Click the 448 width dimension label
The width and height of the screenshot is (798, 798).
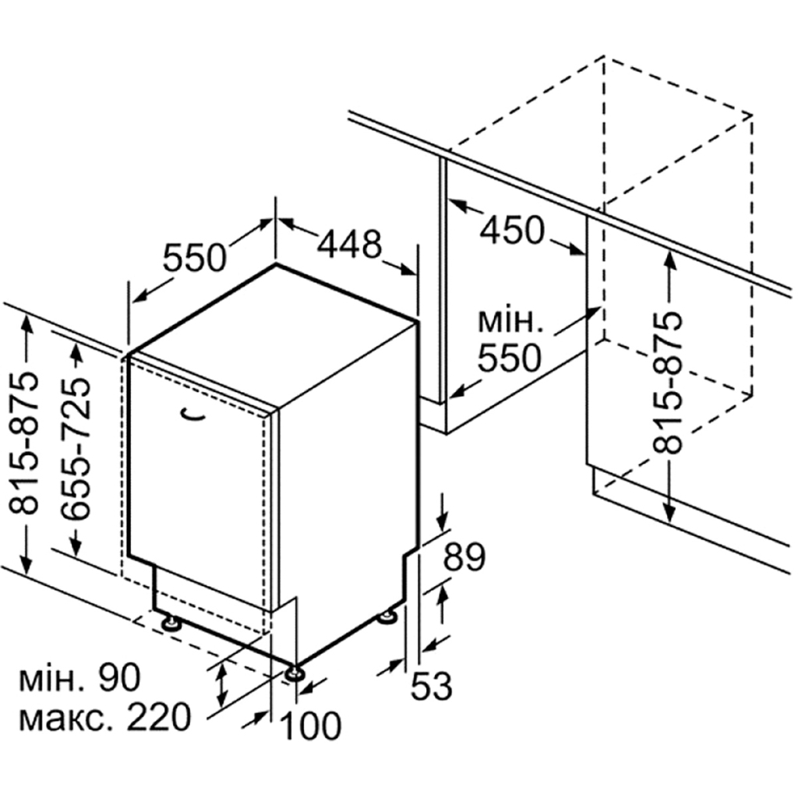pos(350,245)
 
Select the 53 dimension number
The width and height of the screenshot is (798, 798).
pos(431,687)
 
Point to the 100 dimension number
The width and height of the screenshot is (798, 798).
pos(310,726)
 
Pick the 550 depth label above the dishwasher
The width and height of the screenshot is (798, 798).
pos(195,257)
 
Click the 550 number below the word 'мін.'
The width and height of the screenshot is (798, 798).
pos(509,358)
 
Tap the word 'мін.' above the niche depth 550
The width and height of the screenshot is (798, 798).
pos(507,320)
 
